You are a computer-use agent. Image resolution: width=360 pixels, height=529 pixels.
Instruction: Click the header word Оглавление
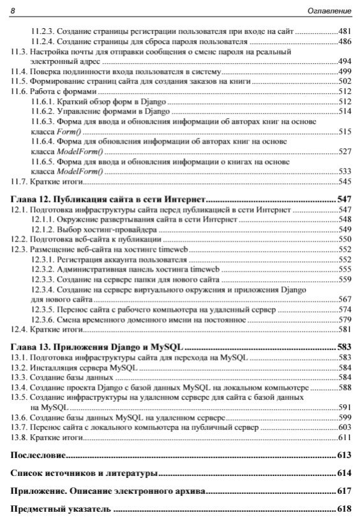(x=330, y=10)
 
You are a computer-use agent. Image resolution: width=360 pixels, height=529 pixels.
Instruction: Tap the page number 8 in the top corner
(x=13, y=10)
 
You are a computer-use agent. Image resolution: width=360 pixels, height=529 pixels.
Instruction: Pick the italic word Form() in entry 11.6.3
(x=60, y=131)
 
